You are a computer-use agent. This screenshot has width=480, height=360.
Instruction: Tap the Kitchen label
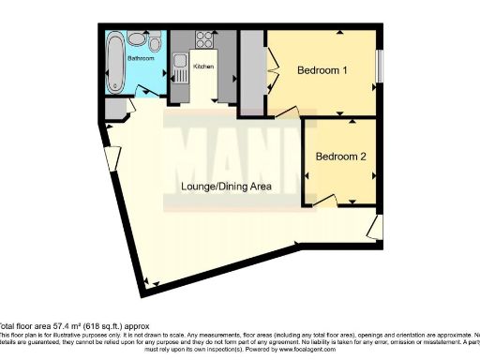tap(204, 67)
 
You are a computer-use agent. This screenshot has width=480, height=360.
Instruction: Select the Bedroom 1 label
tap(323, 70)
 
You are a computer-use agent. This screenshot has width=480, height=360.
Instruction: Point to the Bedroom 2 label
tap(340, 157)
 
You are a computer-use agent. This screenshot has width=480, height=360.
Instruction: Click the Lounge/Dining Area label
tap(227, 187)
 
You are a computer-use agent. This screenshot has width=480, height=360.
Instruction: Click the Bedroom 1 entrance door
tap(287, 111)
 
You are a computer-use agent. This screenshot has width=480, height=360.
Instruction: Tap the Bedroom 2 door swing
tap(324, 200)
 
